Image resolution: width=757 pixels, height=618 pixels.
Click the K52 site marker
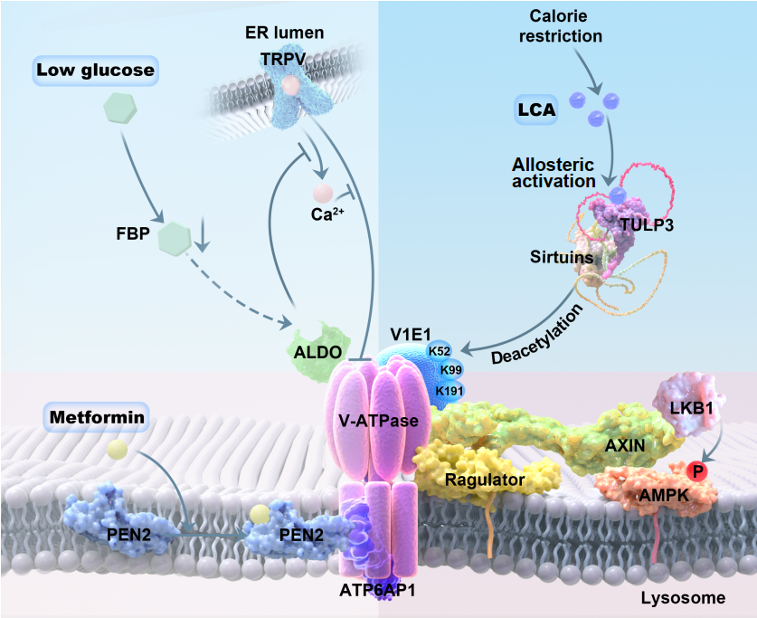(x=440, y=351)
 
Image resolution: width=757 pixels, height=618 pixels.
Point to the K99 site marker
(x=449, y=369)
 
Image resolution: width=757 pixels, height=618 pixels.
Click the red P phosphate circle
(x=695, y=471)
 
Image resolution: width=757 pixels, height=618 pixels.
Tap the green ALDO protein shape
(x=313, y=347)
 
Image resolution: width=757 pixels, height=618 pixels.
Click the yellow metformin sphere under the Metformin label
(x=115, y=449)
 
